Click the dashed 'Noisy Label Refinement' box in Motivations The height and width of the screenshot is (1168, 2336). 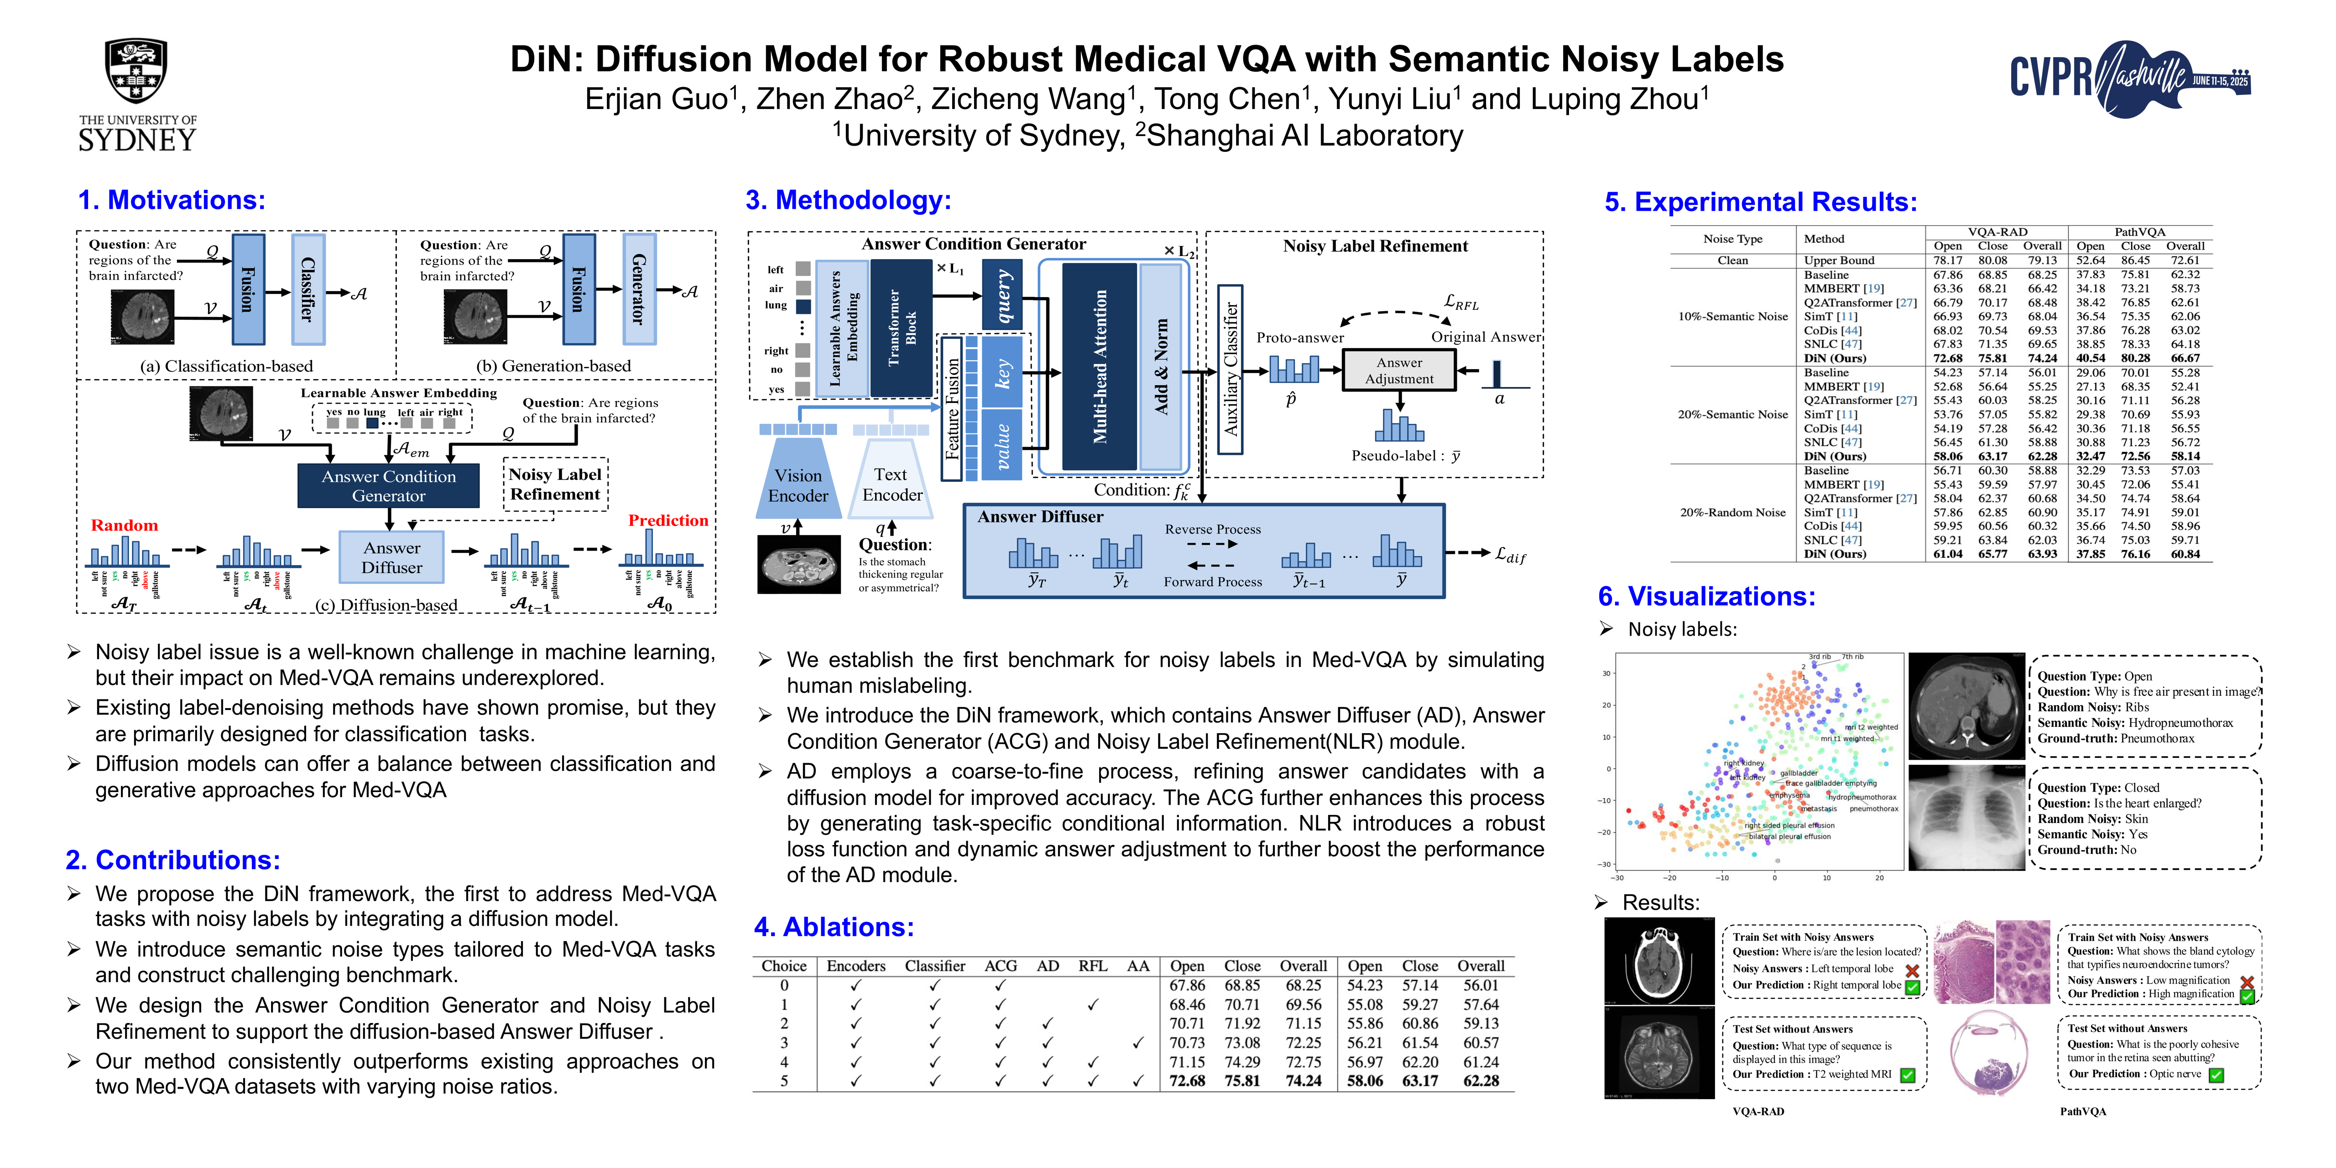(555, 484)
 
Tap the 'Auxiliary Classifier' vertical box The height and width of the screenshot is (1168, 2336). (1230, 369)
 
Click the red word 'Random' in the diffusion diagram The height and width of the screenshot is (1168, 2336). (124, 525)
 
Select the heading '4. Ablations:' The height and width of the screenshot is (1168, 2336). (834, 927)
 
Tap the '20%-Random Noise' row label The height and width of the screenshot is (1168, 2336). (1732, 512)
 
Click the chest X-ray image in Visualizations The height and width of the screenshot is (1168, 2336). (1965, 818)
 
